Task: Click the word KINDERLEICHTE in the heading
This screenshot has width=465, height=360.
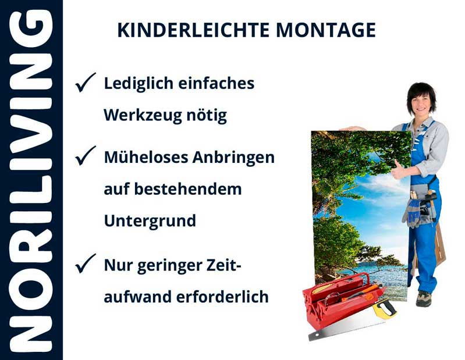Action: coord(187,30)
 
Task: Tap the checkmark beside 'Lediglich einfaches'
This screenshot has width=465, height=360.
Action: coord(86,84)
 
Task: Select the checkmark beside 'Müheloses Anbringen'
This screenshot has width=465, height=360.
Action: coord(86,156)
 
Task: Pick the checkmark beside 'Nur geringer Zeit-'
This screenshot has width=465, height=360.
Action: coord(86,265)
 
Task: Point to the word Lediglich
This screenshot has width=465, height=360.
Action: coord(138,84)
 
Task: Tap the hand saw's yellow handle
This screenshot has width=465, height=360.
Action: coord(384,309)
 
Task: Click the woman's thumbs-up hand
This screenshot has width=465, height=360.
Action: coord(398,170)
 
